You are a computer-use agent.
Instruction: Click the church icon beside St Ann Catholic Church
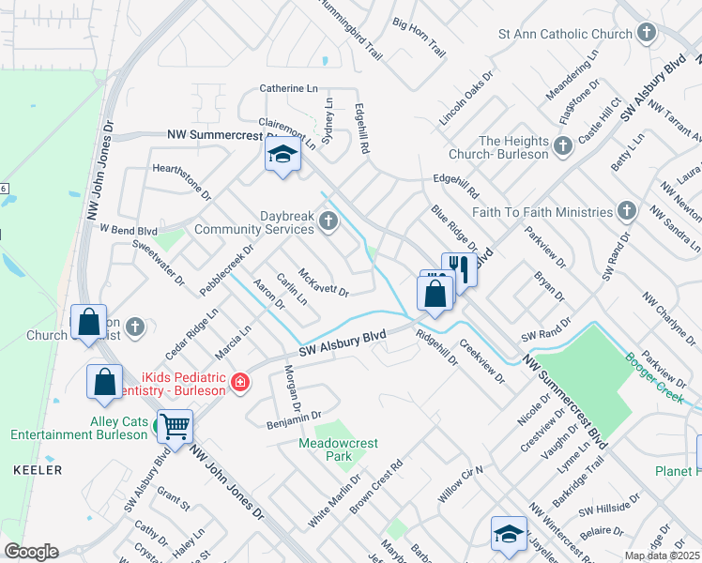pyautogui.click(x=646, y=35)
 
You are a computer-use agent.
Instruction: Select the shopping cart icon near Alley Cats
pyautogui.click(x=175, y=426)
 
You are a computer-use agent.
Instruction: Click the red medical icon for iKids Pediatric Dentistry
pyautogui.click(x=240, y=382)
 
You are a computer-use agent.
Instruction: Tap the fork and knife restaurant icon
pyautogui.click(x=459, y=268)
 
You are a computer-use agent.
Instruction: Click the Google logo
pyautogui.click(x=31, y=552)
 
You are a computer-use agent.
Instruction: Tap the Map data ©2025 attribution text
pyautogui.click(x=662, y=555)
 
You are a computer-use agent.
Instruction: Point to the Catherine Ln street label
pyautogui.click(x=288, y=88)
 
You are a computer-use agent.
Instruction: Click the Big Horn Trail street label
pyautogui.click(x=419, y=38)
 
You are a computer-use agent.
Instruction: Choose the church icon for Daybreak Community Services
pyautogui.click(x=328, y=221)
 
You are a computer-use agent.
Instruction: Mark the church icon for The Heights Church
pyautogui.click(x=562, y=145)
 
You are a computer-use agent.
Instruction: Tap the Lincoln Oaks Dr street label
pyautogui.click(x=465, y=99)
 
